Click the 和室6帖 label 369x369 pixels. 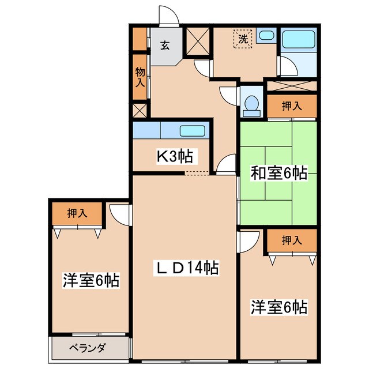click(278, 172)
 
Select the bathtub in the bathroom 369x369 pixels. click(299, 41)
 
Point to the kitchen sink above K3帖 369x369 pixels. click(192, 131)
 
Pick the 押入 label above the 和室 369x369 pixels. click(292, 106)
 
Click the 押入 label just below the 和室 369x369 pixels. click(292, 240)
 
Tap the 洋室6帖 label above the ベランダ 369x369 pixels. click(91, 281)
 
